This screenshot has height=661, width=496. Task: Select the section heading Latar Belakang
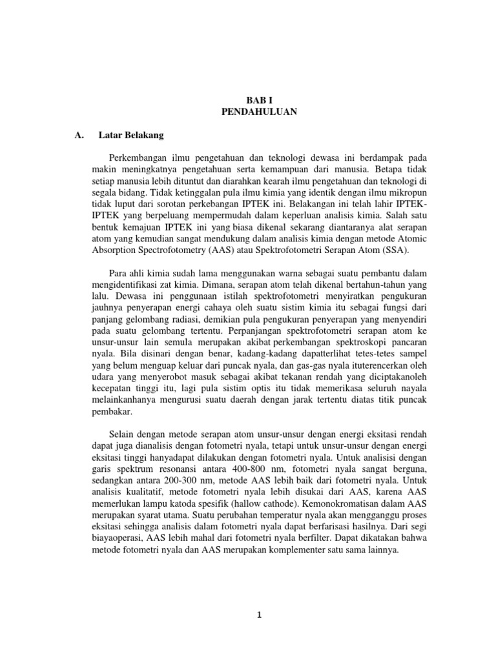click(x=131, y=136)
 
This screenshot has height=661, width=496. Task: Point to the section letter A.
click(x=80, y=136)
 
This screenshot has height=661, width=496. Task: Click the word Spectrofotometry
click(x=160, y=250)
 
